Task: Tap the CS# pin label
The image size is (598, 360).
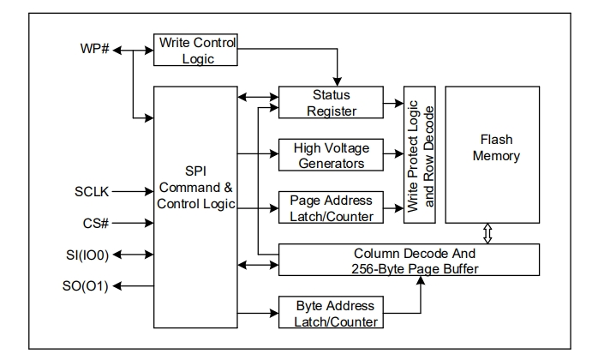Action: pyautogui.click(x=94, y=225)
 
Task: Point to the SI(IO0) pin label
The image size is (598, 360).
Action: pyautogui.click(x=87, y=255)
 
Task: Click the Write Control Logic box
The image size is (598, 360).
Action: pyautogui.click(x=194, y=50)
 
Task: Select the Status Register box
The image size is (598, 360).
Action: pyautogui.click(x=331, y=103)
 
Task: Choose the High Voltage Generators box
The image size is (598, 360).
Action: pyautogui.click(x=331, y=154)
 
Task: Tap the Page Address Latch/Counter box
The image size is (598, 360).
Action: pyautogui.click(x=331, y=208)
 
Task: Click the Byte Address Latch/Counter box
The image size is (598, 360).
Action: pyautogui.click(x=331, y=312)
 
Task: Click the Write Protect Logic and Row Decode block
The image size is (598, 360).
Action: pyautogui.click(x=421, y=154)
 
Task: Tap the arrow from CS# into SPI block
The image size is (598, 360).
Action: pyautogui.click(x=133, y=225)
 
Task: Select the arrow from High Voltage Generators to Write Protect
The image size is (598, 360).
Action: pyautogui.click(x=393, y=154)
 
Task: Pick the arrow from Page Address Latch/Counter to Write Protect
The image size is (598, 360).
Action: pyautogui.click(x=393, y=207)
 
